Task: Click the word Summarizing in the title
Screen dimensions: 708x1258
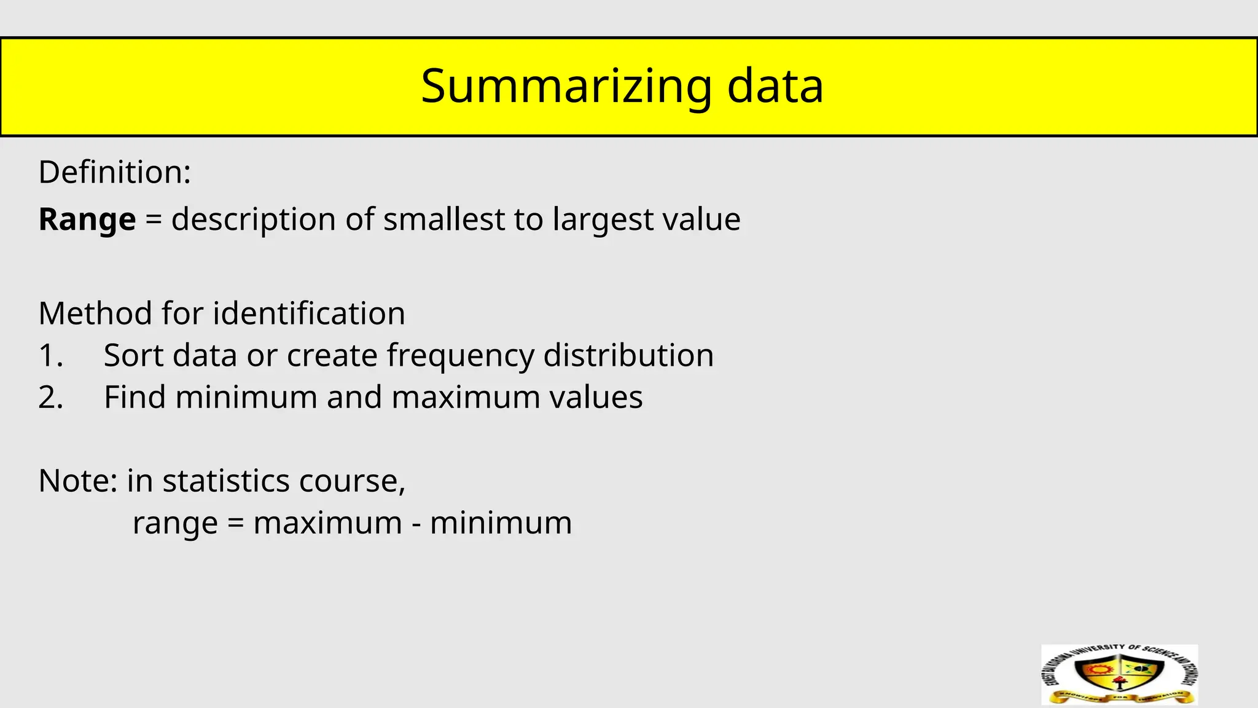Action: (x=566, y=87)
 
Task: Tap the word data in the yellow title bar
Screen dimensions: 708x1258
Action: (x=775, y=87)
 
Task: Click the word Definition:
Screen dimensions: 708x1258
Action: (x=115, y=172)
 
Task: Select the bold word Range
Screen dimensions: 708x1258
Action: (x=87, y=219)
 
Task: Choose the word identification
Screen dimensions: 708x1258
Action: (x=309, y=313)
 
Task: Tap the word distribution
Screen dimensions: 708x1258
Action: (x=628, y=355)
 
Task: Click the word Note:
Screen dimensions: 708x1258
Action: (x=77, y=481)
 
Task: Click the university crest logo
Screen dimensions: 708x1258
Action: (x=1120, y=674)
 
